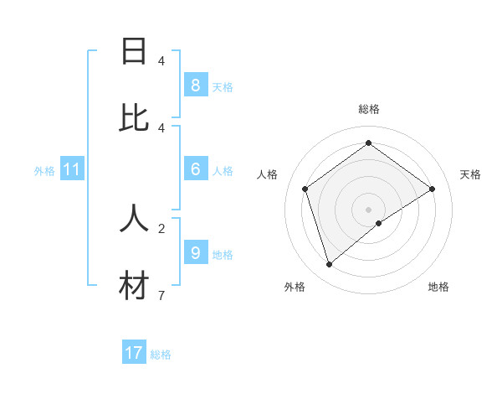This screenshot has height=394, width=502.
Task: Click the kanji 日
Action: [134, 51]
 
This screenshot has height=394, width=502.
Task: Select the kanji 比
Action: [134, 118]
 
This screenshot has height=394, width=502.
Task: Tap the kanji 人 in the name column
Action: [134, 219]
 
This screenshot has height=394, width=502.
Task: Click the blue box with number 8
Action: [195, 86]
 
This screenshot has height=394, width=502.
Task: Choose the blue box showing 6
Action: [195, 169]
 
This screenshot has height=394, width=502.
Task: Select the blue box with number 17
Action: [134, 353]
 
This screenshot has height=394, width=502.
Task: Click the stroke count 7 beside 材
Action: [161, 295]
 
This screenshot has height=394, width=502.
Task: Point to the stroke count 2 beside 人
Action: [161, 227]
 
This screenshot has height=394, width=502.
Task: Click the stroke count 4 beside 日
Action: [161, 60]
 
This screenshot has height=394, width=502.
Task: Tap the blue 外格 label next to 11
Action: [44, 171]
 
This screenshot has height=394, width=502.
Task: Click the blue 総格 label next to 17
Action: [161, 355]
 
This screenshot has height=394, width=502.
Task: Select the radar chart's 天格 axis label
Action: [471, 174]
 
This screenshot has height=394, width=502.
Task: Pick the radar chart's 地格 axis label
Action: [438, 287]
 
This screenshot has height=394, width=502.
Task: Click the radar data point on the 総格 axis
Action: [368, 143]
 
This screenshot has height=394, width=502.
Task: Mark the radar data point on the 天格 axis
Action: [433, 189]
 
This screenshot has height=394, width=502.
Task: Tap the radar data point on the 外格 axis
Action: [329, 265]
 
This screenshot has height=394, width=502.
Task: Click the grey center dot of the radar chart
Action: [368, 209]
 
